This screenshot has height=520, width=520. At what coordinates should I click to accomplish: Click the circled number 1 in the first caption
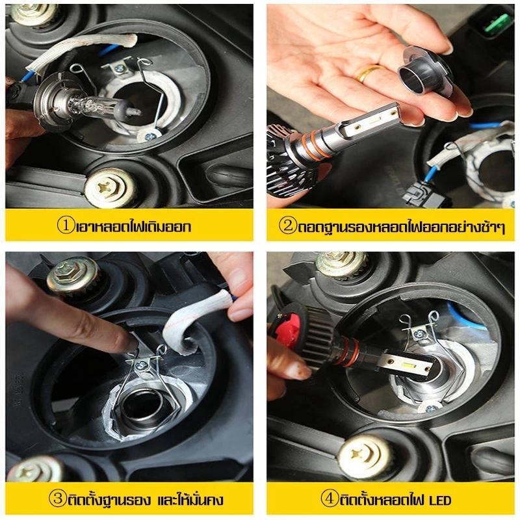pyautogui.click(x=66, y=226)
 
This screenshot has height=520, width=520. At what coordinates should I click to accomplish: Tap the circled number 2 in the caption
pyautogui.click(x=287, y=226)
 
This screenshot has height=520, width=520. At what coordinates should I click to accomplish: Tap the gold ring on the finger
pyautogui.click(x=367, y=73)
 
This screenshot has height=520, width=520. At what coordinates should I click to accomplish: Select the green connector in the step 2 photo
pyautogui.click(x=497, y=23)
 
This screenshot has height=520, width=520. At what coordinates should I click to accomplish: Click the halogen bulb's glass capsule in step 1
pyautogui.click(x=99, y=106)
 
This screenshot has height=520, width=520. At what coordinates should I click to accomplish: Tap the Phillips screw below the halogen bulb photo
pyautogui.click(x=110, y=188)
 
